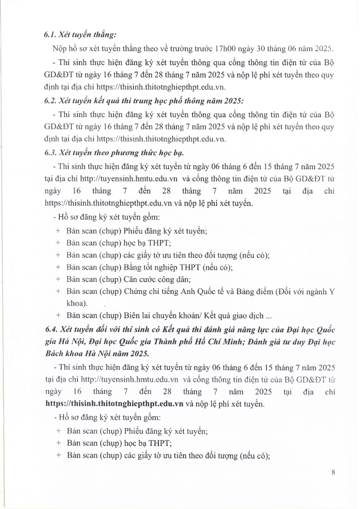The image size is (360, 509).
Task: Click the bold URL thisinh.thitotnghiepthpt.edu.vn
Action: click(x=114, y=403)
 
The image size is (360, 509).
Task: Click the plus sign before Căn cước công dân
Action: click(x=58, y=279)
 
